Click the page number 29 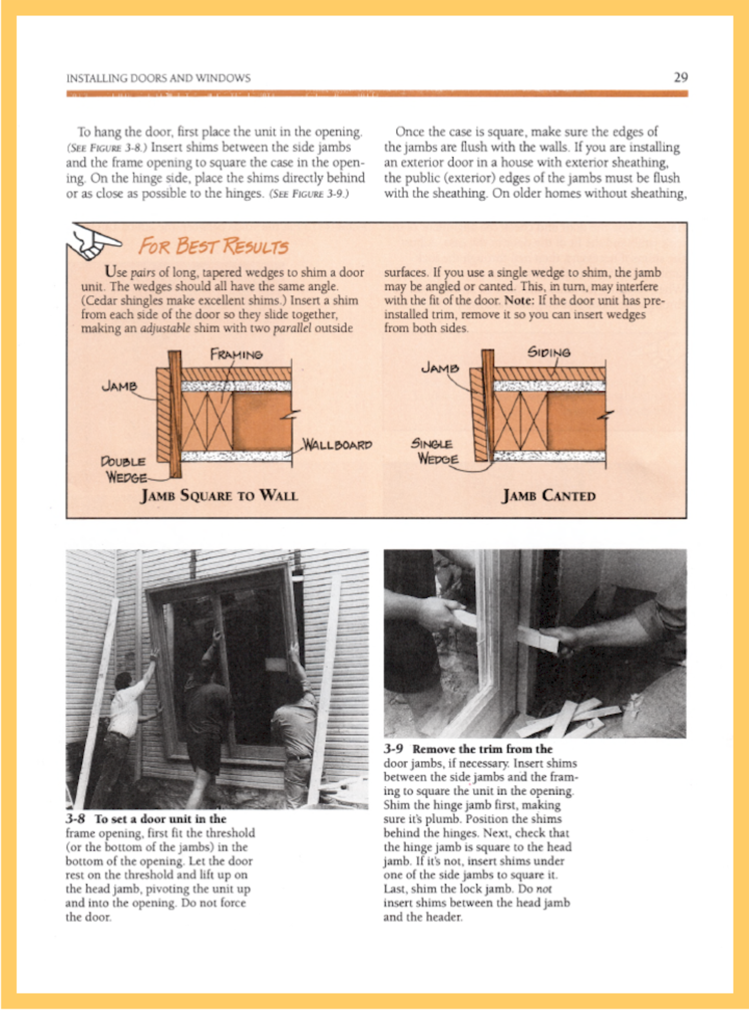[680, 77]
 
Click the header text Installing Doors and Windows [158, 79]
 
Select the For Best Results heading [213, 246]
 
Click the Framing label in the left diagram [236, 355]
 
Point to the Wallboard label [338, 445]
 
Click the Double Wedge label [123, 469]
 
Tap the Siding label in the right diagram [549, 353]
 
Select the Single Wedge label [435, 451]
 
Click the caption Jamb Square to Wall [219, 495]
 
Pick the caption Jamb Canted [548, 496]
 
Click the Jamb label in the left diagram [119, 386]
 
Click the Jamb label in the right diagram [440, 368]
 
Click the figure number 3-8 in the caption [75, 819]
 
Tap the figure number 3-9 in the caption [393, 749]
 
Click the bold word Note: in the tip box [519, 301]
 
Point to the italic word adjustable [165, 328]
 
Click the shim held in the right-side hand [538, 639]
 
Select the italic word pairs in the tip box [143, 273]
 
